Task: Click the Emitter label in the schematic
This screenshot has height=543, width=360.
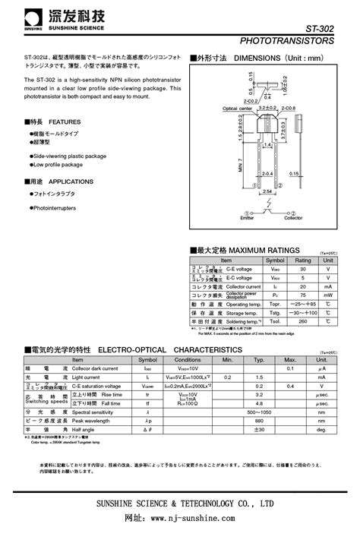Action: click(x=248, y=218)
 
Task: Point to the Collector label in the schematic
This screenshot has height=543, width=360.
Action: click(x=292, y=218)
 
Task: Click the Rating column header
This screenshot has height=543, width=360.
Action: click(x=303, y=260)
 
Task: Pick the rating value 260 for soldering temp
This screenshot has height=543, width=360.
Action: click(x=303, y=321)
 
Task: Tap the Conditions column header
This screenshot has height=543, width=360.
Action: click(x=188, y=359)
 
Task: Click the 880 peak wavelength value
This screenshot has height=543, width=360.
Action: click(x=259, y=420)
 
